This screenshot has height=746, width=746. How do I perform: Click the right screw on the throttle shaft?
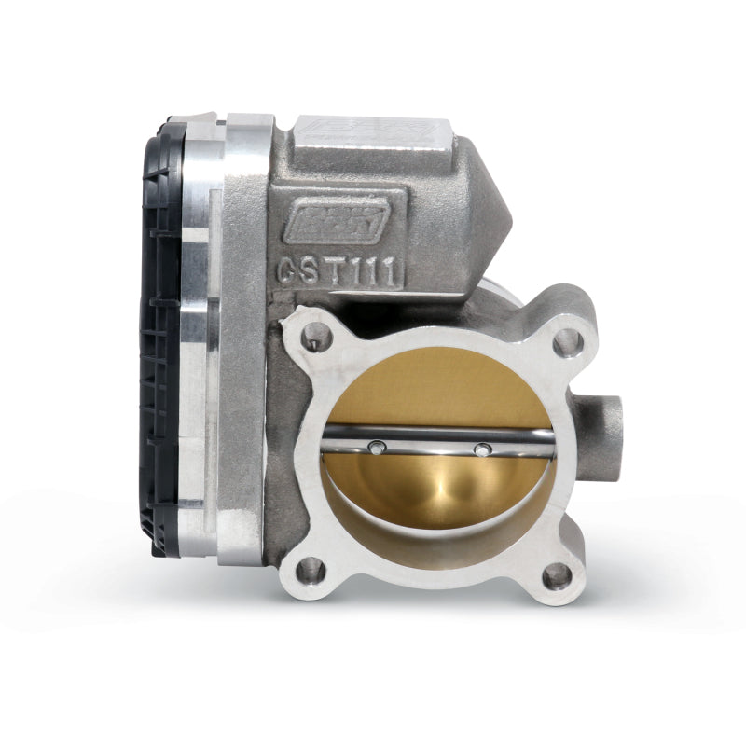(x=481, y=450)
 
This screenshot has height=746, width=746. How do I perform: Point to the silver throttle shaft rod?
(x=429, y=438)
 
